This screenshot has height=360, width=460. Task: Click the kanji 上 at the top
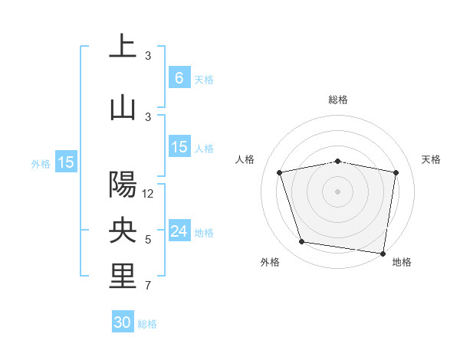click(x=123, y=45)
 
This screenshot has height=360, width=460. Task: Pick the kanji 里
click(x=123, y=277)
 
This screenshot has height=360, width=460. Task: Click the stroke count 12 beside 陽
click(x=148, y=194)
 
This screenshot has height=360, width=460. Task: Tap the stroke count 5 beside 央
click(x=148, y=240)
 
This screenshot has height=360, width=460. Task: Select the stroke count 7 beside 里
click(x=148, y=287)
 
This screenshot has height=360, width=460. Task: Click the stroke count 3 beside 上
click(x=148, y=56)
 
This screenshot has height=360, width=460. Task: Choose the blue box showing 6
click(x=179, y=77)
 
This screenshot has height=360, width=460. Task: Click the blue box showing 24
click(x=179, y=231)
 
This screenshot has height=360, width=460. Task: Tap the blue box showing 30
click(x=123, y=322)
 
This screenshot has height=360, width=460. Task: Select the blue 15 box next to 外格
click(x=66, y=162)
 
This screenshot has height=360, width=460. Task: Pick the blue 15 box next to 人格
click(x=179, y=147)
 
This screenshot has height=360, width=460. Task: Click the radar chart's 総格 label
click(x=338, y=100)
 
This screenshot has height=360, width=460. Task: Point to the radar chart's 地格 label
click(x=402, y=262)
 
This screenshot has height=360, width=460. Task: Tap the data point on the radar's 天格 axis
click(x=396, y=172)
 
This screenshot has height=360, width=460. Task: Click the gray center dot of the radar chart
click(x=338, y=191)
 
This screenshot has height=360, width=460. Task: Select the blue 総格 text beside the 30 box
click(x=147, y=324)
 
